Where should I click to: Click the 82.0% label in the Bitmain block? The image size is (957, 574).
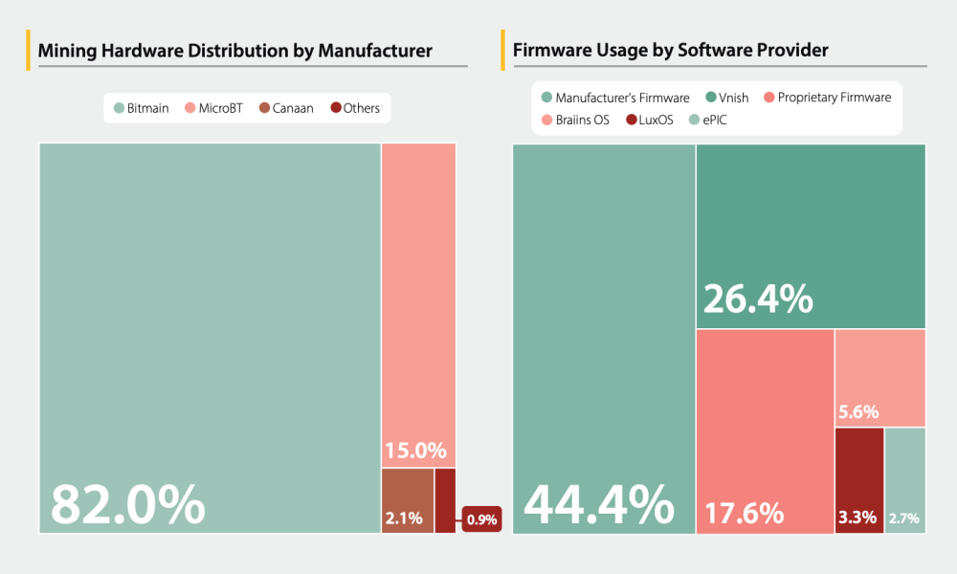coord(127,504)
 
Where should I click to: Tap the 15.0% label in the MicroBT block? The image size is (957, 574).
coord(415,451)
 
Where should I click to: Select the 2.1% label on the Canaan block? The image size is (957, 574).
coord(403,519)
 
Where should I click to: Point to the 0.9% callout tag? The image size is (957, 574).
coord(481,519)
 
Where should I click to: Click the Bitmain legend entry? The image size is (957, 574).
coord(141,108)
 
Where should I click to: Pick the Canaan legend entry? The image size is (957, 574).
coord(286,108)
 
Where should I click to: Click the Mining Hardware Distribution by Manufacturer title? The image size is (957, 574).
coord(235,50)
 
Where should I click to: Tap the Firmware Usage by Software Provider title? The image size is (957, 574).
coord(671,50)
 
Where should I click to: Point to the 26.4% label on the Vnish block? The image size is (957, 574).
coord(758,298)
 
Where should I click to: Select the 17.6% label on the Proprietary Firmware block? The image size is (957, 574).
coord(745,514)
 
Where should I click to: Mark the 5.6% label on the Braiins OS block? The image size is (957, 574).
coord(858,412)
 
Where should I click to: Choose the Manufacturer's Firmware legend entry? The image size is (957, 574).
coord(614,98)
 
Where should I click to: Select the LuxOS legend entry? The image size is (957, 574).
coord(649,120)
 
